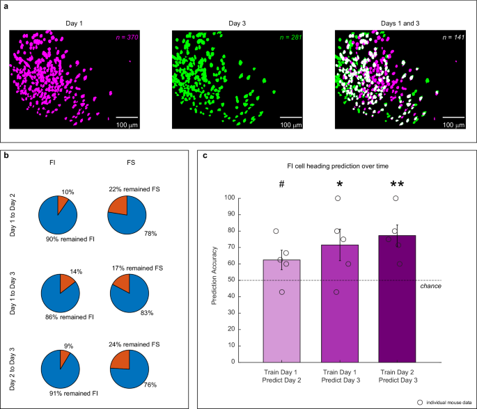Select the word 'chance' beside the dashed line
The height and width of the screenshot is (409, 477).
(435, 285)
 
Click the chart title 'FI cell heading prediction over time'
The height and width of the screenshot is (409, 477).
(338, 166)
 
